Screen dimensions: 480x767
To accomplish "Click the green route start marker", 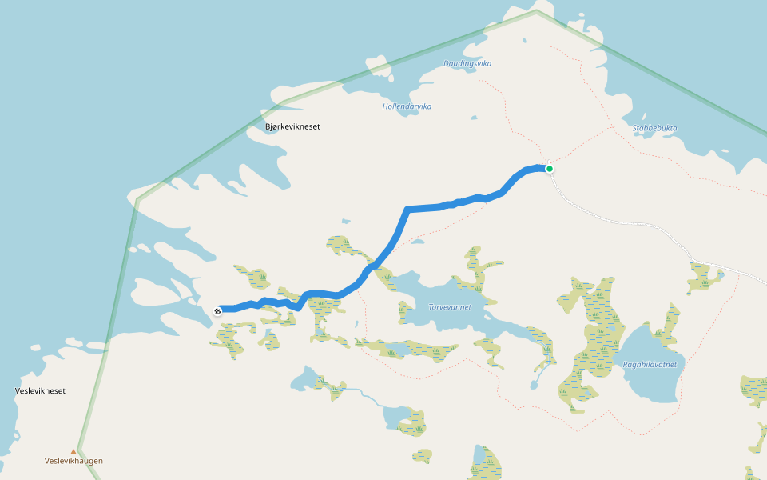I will pyautogui.click(x=550, y=168).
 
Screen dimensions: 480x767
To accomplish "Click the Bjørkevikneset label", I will pyautogui.click(x=292, y=126).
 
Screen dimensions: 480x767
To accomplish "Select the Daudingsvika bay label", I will pyautogui.click(x=467, y=63).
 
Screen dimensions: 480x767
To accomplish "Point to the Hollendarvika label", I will pyautogui.click(x=407, y=106).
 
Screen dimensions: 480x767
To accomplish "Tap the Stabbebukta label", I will pyautogui.click(x=655, y=128).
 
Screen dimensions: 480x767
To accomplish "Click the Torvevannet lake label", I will pyautogui.click(x=450, y=306).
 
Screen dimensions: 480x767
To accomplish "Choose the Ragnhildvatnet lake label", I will pyautogui.click(x=650, y=364).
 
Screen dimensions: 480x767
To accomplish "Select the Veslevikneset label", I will pyautogui.click(x=40, y=391).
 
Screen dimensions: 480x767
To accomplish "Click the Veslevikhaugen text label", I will pyautogui.click(x=74, y=461).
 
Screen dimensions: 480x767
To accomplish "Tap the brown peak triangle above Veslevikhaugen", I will pyautogui.click(x=74, y=451).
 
